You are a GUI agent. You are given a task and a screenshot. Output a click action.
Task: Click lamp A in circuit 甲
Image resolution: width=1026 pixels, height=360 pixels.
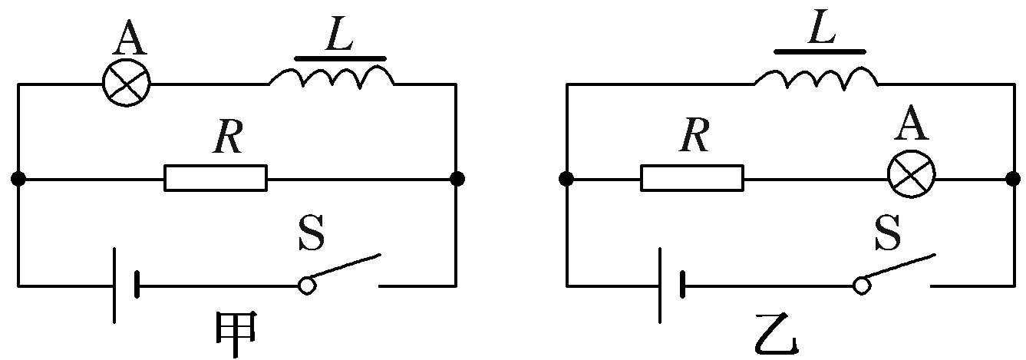pyautogui.click(x=127, y=82)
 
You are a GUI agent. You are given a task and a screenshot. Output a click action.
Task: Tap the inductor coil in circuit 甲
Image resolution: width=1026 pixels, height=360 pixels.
pyautogui.click(x=331, y=76)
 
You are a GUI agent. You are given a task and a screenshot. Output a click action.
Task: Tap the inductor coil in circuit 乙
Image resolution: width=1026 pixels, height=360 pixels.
pyautogui.click(x=817, y=76)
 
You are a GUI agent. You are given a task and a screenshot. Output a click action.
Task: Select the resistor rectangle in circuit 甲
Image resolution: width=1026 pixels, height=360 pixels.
pyautogui.click(x=216, y=178)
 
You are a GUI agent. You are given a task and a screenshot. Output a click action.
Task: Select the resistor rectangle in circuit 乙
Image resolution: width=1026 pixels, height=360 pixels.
pyautogui.click(x=692, y=178)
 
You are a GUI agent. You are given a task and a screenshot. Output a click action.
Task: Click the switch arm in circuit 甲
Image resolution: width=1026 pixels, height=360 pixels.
pyautogui.click(x=342, y=269)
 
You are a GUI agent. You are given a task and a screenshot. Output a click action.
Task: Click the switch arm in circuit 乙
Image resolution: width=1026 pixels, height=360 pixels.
pyautogui.click(x=897, y=269)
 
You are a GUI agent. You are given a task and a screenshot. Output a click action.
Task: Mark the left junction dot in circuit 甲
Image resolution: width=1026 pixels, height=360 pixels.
pyautogui.click(x=18, y=179)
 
